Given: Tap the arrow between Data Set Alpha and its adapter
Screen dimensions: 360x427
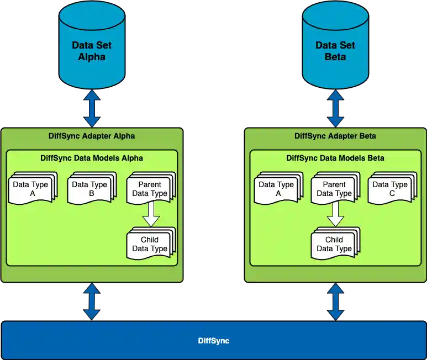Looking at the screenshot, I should pyautogui.click(x=92, y=108).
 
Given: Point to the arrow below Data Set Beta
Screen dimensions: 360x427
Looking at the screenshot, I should pyautogui.click(x=335, y=108).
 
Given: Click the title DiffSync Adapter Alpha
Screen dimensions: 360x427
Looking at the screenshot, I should pyautogui.click(x=92, y=135).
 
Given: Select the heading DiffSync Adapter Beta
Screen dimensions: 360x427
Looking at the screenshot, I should pyautogui.click(x=335, y=135).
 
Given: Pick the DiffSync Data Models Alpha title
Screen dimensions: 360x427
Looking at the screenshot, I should pyautogui.click(x=92, y=158).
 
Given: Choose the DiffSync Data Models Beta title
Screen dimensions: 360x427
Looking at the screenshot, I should pyautogui.click(x=335, y=158).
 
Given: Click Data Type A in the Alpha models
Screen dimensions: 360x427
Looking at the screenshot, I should pyautogui.click(x=33, y=189).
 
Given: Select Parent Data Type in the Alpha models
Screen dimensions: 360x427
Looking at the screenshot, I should pyautogui.click(x=150, y=189).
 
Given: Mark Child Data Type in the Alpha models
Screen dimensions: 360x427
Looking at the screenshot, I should pyautogui.click(x=150, y=244).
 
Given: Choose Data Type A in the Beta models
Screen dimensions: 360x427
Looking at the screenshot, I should pyautogui.click(x=278, y=189).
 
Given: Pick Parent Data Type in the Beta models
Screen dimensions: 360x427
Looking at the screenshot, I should pyautogui.click(x=334, y=189).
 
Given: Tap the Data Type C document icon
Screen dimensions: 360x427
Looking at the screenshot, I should pyautogui.click(x=391, y=189).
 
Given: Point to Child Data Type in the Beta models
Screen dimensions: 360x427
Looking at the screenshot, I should pyautogui.click(x=334, y=244).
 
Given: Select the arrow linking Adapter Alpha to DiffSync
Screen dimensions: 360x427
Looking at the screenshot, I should pyautogui.click(x=92, y=301).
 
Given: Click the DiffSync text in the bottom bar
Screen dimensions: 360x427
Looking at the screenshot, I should pyautogui.click(x=213, y=341).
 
